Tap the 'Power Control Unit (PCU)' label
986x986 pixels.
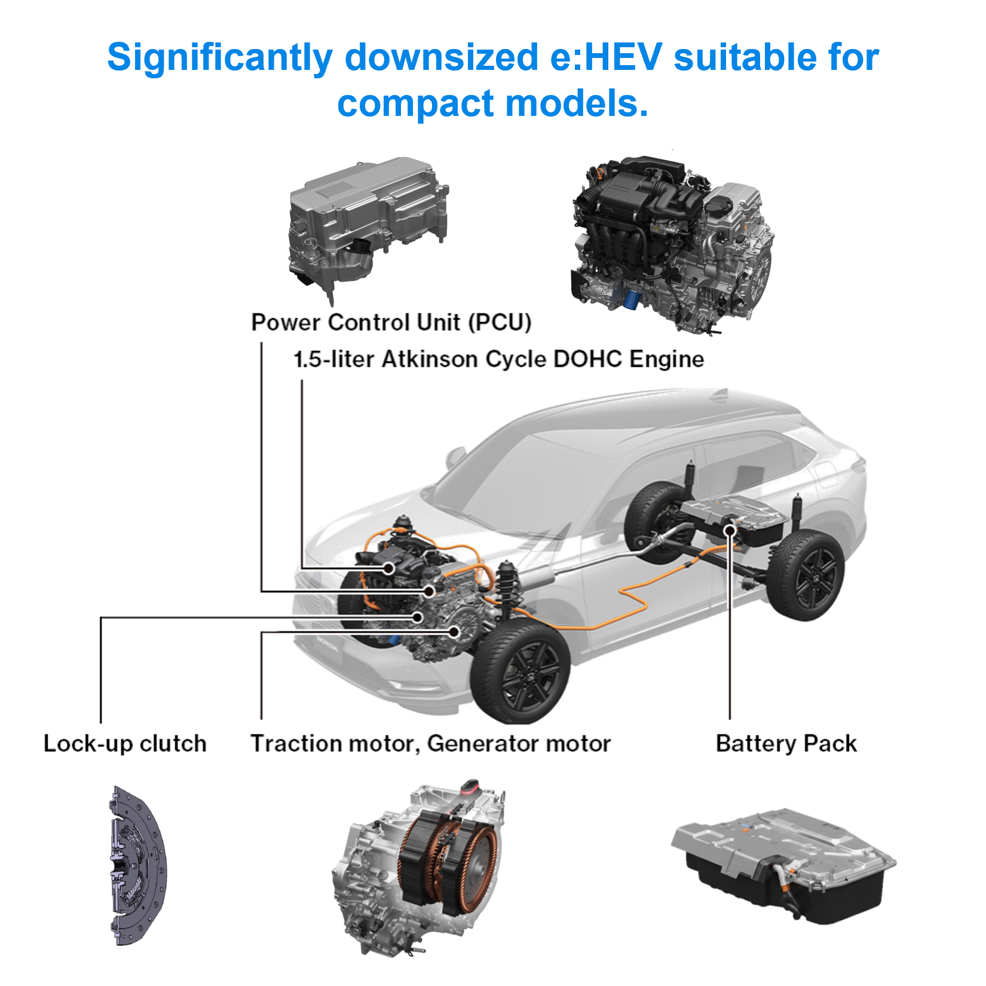(391, 322)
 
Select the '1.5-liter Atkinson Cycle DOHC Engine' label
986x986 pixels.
(499, 359)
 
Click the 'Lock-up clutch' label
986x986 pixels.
(125, 743)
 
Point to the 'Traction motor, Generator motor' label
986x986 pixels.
(431, 743)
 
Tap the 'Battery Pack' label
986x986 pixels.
(786, 743)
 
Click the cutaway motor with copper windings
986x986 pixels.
(418, 866)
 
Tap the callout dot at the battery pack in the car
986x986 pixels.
(730, 531)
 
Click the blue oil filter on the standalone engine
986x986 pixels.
(631, 297)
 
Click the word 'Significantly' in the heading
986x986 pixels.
(220, 58)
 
